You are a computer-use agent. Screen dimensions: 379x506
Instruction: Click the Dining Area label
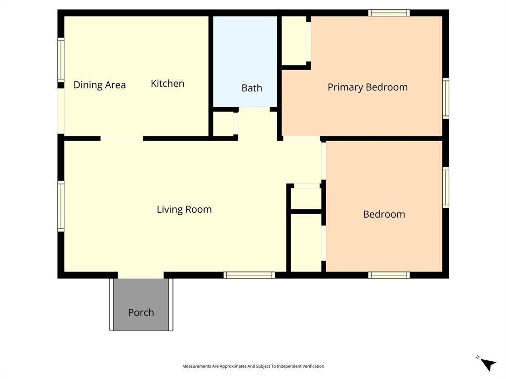tap(99, 85)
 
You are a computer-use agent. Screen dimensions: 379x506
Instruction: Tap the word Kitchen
tap(168, 83)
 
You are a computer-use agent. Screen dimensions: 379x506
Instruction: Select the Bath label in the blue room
tap(252, 88)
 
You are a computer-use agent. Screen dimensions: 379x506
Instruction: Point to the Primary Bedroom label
tap(367, 87)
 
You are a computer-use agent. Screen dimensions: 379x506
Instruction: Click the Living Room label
tap(184, 209)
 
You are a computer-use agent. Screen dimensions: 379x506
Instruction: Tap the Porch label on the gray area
tap(141, 312)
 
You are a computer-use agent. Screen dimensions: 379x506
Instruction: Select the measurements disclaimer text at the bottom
tap(253, 366)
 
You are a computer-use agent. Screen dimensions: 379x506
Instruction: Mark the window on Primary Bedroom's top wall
tap(389, 13)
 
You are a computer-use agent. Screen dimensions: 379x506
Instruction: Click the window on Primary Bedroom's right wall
tap(445, 98)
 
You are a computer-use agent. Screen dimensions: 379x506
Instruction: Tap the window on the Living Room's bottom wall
tap(249, 275)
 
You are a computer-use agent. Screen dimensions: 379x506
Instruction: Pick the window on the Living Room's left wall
tap(61, 206)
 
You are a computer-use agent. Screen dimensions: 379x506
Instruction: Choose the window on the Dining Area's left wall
tap(61, 60)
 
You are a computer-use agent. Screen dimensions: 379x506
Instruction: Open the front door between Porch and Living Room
tap(141, 275)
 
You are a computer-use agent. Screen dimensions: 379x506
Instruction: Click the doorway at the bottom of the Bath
tap(254, 110)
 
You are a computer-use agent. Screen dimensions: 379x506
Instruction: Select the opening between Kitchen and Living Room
tap(122, 139)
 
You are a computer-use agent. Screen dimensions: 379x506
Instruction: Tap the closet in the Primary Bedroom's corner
tap(295, 40)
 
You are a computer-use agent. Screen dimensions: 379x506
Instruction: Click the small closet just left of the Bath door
tap(223, 123)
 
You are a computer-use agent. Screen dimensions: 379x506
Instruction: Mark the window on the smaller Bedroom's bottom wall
tap(389, 275)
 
